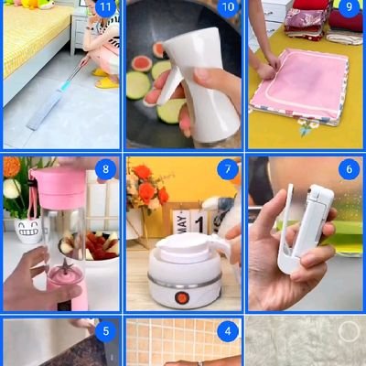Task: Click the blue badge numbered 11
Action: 105,7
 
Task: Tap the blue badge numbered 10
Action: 228,7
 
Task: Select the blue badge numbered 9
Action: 350,7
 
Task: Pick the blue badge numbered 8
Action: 105,169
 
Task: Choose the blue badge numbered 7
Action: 228,169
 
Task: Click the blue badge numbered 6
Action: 350,169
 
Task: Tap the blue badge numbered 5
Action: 105,331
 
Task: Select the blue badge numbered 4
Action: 228,331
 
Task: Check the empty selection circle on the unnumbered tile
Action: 350,331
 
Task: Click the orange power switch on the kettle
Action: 182,297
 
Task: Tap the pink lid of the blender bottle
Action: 59,183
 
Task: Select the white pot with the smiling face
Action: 28,230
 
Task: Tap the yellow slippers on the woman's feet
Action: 105,79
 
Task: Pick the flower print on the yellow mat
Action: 308,126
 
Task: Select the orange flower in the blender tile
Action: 11,167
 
